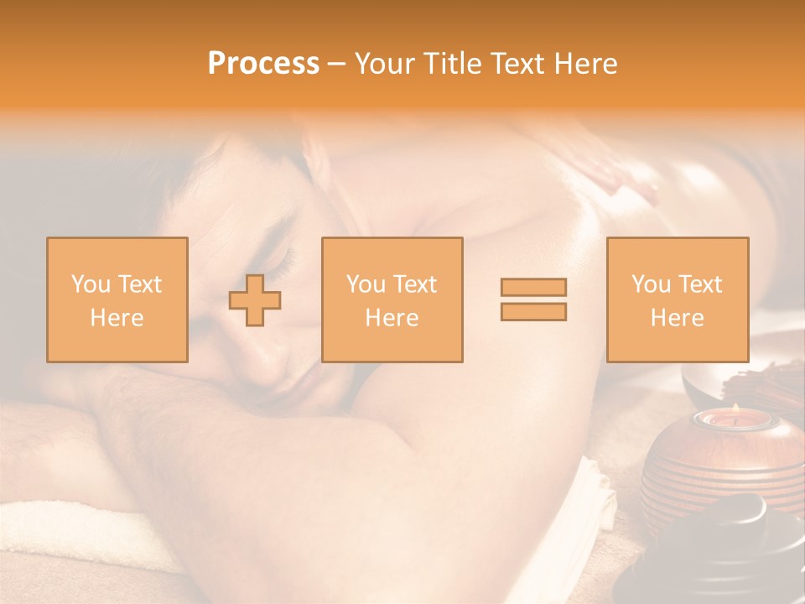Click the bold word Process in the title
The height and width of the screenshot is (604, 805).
point(263,64)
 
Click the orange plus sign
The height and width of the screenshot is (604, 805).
point(255,299)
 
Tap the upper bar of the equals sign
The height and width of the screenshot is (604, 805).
point(533,287)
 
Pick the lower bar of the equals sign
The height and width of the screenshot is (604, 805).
point(533,311)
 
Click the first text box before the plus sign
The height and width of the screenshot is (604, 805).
point(117,299)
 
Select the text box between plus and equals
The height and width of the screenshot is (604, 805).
point(392,299)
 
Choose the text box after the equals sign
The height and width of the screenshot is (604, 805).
point(678,299)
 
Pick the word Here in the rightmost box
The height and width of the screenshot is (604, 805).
point(678,318)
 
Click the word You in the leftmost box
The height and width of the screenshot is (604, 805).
point(89,284)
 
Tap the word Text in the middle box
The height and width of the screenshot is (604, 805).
point(414,284)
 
